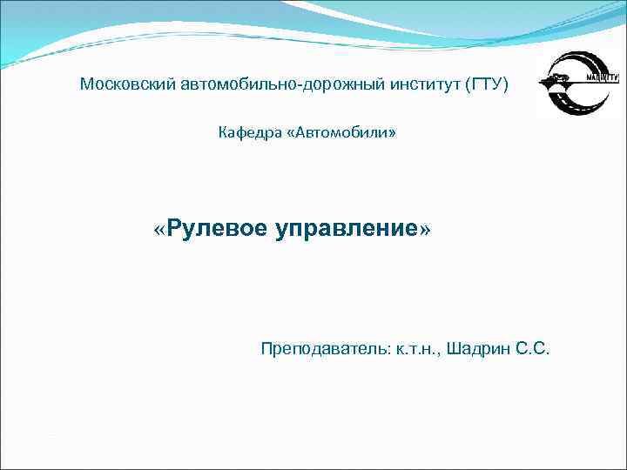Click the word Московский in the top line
[x=129, y=84]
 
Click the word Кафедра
[x=246, y=133]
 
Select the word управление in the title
[x=347, y=229]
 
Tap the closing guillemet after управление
[x=425, y=230]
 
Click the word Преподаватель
[x=325, y=349]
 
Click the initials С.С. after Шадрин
[x=533, y=349]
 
